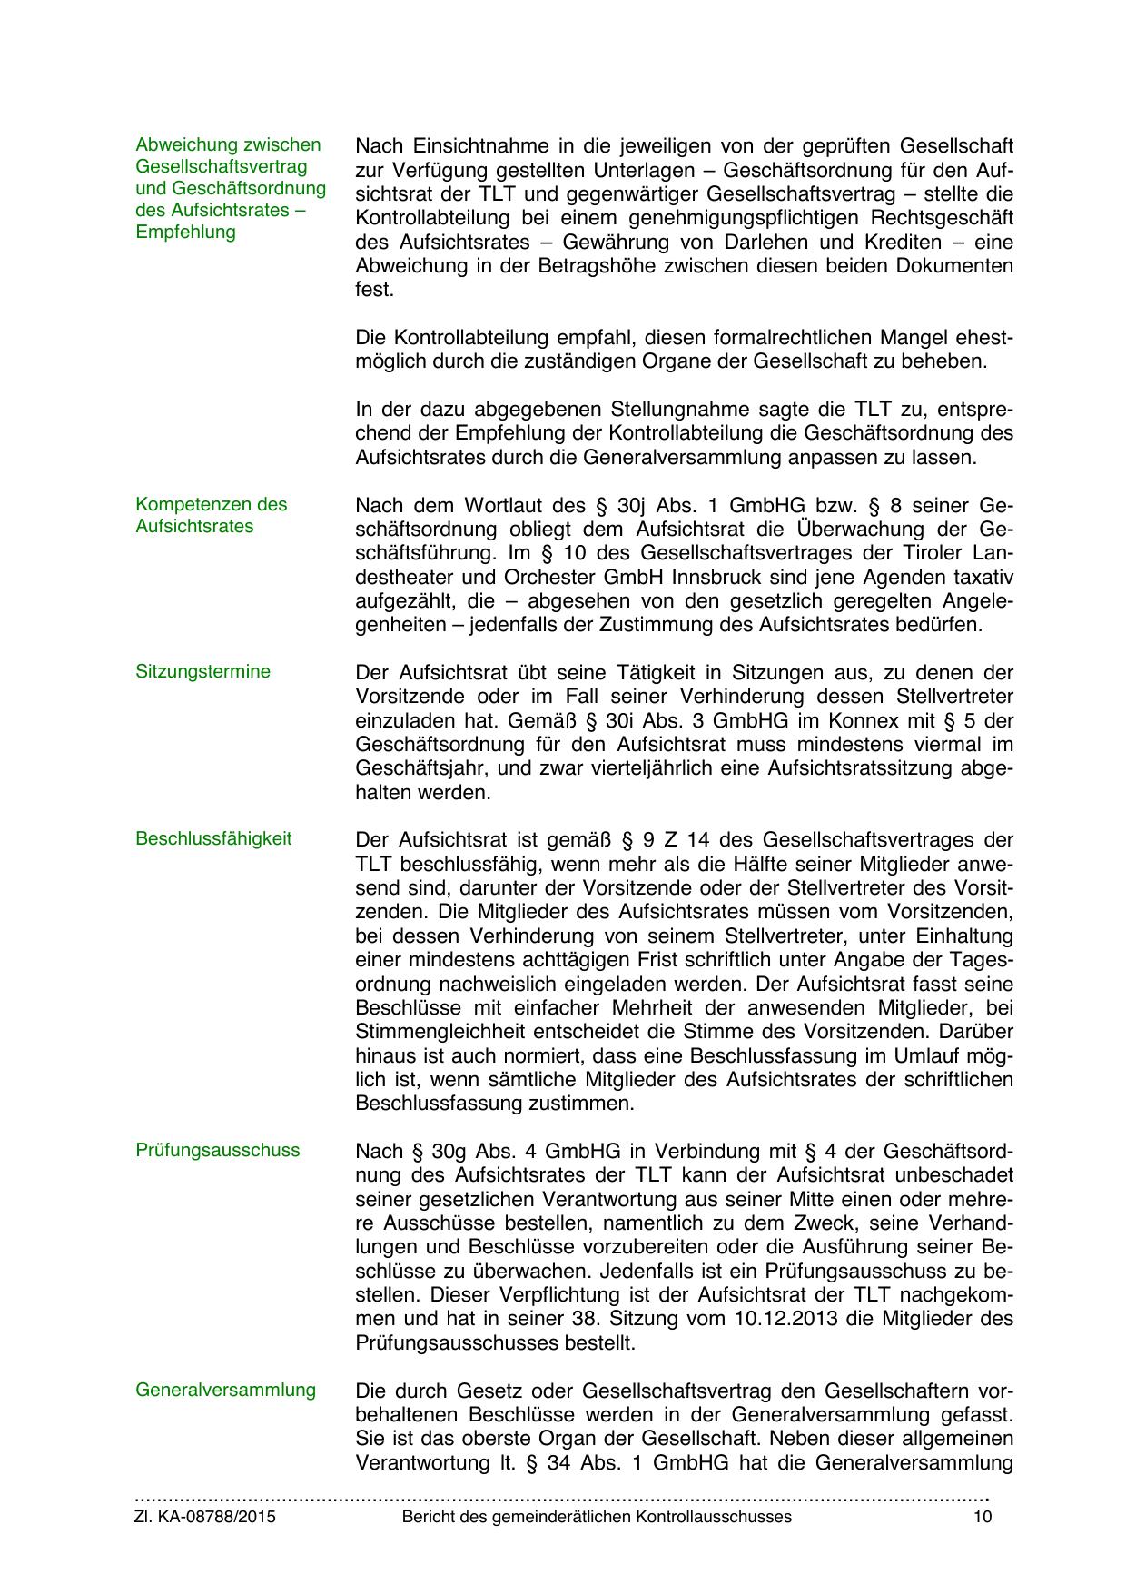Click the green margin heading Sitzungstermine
tap(202, 672)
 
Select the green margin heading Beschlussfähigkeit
tap(213, 838)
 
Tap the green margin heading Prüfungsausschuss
tap(217, 1150)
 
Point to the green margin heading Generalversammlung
tap(225, 1390)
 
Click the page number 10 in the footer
tap(982, 1517)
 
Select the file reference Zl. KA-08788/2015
tap(205, 1517)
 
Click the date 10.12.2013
tap(778, 1319)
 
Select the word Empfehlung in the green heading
tap(185, 232)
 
